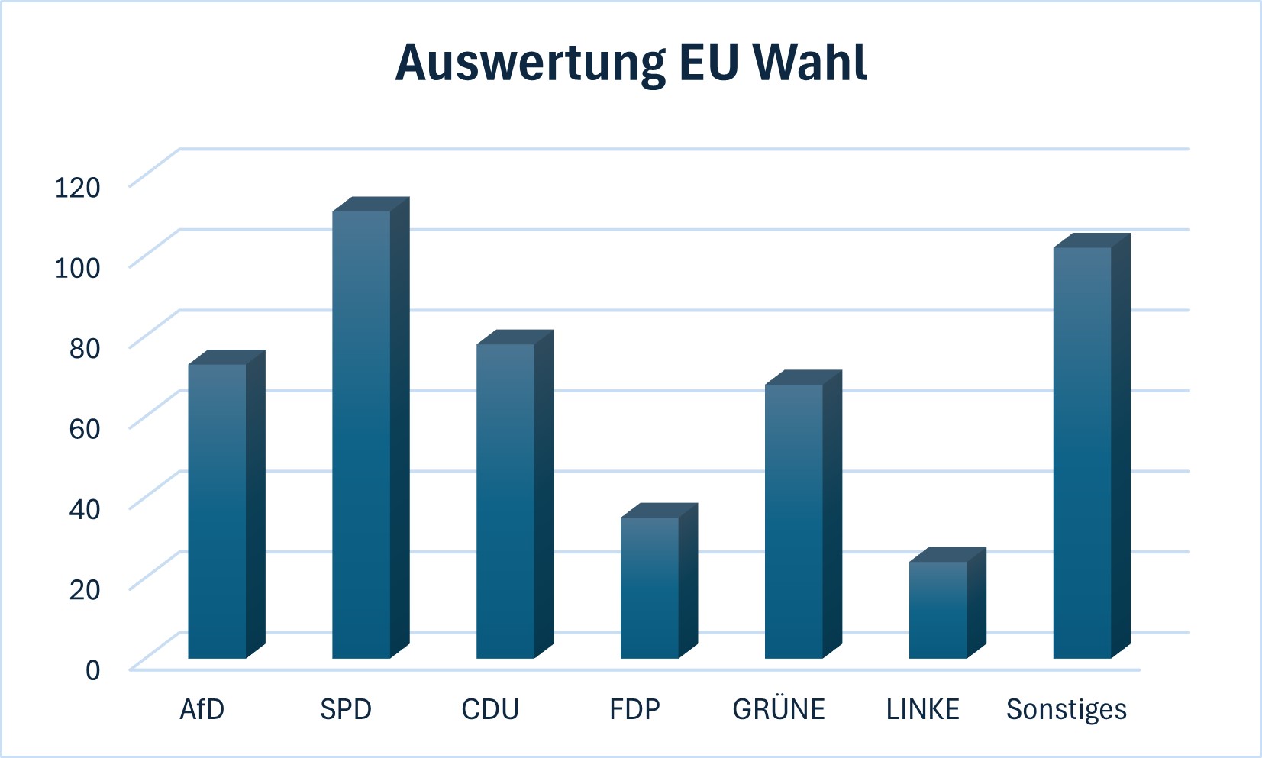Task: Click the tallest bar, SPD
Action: coord(371,428)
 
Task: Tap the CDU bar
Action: coord(515,495)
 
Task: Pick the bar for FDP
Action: coord(659,581)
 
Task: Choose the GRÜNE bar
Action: coord(803,514)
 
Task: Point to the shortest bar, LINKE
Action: coord(947,603)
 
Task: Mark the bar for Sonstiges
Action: coord(1092,446)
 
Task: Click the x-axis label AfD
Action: coord(202,709)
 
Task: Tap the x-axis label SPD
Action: coord(346,709)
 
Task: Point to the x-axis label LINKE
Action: coord(923,709)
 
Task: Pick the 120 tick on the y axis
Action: coord(77,187)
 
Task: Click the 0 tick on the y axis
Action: coord(93,670)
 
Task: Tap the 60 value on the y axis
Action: coord(85,428)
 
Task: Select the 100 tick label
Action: coord(77,267)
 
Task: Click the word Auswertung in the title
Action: coord(531,64)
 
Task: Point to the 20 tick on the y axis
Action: coord(85,589)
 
